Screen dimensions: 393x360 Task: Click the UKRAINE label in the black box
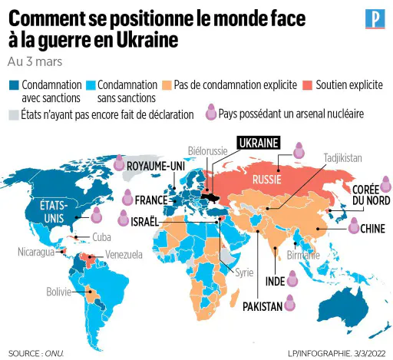coord(259,143)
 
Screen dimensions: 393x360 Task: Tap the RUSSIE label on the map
coord(267,180)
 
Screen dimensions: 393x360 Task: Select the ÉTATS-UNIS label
coord(54,212)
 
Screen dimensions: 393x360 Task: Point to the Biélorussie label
coord(207,151)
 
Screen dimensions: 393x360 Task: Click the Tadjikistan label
coord(343,158)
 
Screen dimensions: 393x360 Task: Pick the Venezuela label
coord(124,255)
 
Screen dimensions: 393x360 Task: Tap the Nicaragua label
coord(36,252)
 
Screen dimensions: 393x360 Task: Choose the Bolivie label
coord(58,292)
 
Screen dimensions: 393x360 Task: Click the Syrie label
coord(244,272)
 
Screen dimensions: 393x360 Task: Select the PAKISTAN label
coord(263,306)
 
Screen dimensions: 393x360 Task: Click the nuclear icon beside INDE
coord(292,279)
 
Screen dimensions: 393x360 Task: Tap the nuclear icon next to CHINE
coord(354,226)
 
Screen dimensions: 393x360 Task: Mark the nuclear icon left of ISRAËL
coord(124,218)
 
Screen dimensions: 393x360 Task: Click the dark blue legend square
coord(14,85)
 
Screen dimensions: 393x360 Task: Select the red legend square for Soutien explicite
coord(307,85)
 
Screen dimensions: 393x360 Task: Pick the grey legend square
coord(14,115)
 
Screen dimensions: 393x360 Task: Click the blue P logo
coord(375,18)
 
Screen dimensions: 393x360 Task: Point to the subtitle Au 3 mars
coord(35,62)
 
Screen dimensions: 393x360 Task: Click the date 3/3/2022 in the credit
coord(370,354)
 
